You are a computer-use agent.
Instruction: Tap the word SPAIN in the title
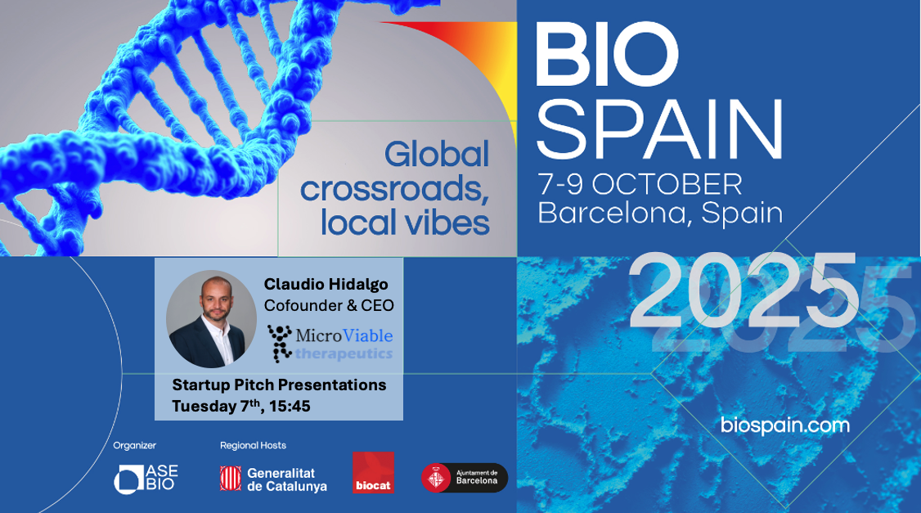tap(660, 129)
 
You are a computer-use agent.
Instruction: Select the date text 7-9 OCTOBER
tap(640, 185)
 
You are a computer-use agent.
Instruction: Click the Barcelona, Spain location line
tap(660, 213)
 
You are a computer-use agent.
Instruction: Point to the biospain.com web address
tap(784, 425)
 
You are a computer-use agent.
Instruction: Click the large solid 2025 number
tap(744, 290)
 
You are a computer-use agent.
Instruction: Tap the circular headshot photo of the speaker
tap(212, 319)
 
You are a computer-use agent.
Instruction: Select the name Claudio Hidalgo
tap(326, 285)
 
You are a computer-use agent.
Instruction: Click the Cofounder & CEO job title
tap(329, 305)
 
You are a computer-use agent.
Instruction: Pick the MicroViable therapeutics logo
tap(330, 343)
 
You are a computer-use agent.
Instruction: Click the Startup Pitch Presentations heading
tap(279, 385)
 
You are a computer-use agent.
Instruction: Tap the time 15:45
tap(290, 406)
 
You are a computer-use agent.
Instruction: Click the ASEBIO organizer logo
tap(146, 479)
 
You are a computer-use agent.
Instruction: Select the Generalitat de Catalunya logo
tap(273, 479)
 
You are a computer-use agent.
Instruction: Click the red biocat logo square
tap(373, 472)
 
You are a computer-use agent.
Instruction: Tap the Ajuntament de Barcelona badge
tap(464, 478)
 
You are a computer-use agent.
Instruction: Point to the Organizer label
tap(134, 445)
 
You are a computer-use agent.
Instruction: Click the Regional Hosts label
tap(254, 445)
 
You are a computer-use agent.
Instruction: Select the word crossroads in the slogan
tap(395, 189)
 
